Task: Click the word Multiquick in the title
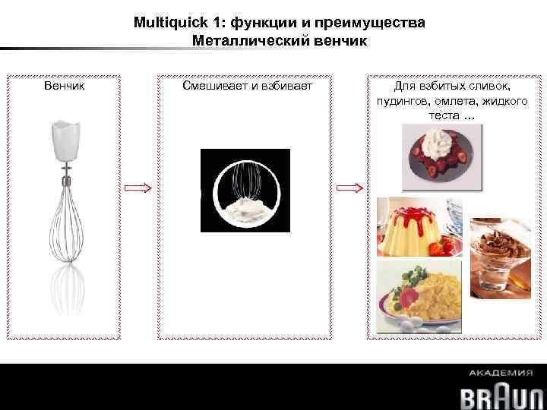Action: (x=163, y=23)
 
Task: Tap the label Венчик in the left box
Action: (x=64, y=87)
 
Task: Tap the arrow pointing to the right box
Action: (x=349, y=188)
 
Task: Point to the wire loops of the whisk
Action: (x=66, y=224)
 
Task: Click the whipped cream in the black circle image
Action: (x=245, y=208)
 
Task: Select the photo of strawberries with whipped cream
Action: (x=441, y=156)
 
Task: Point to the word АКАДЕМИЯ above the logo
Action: (x=500, y=373)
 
